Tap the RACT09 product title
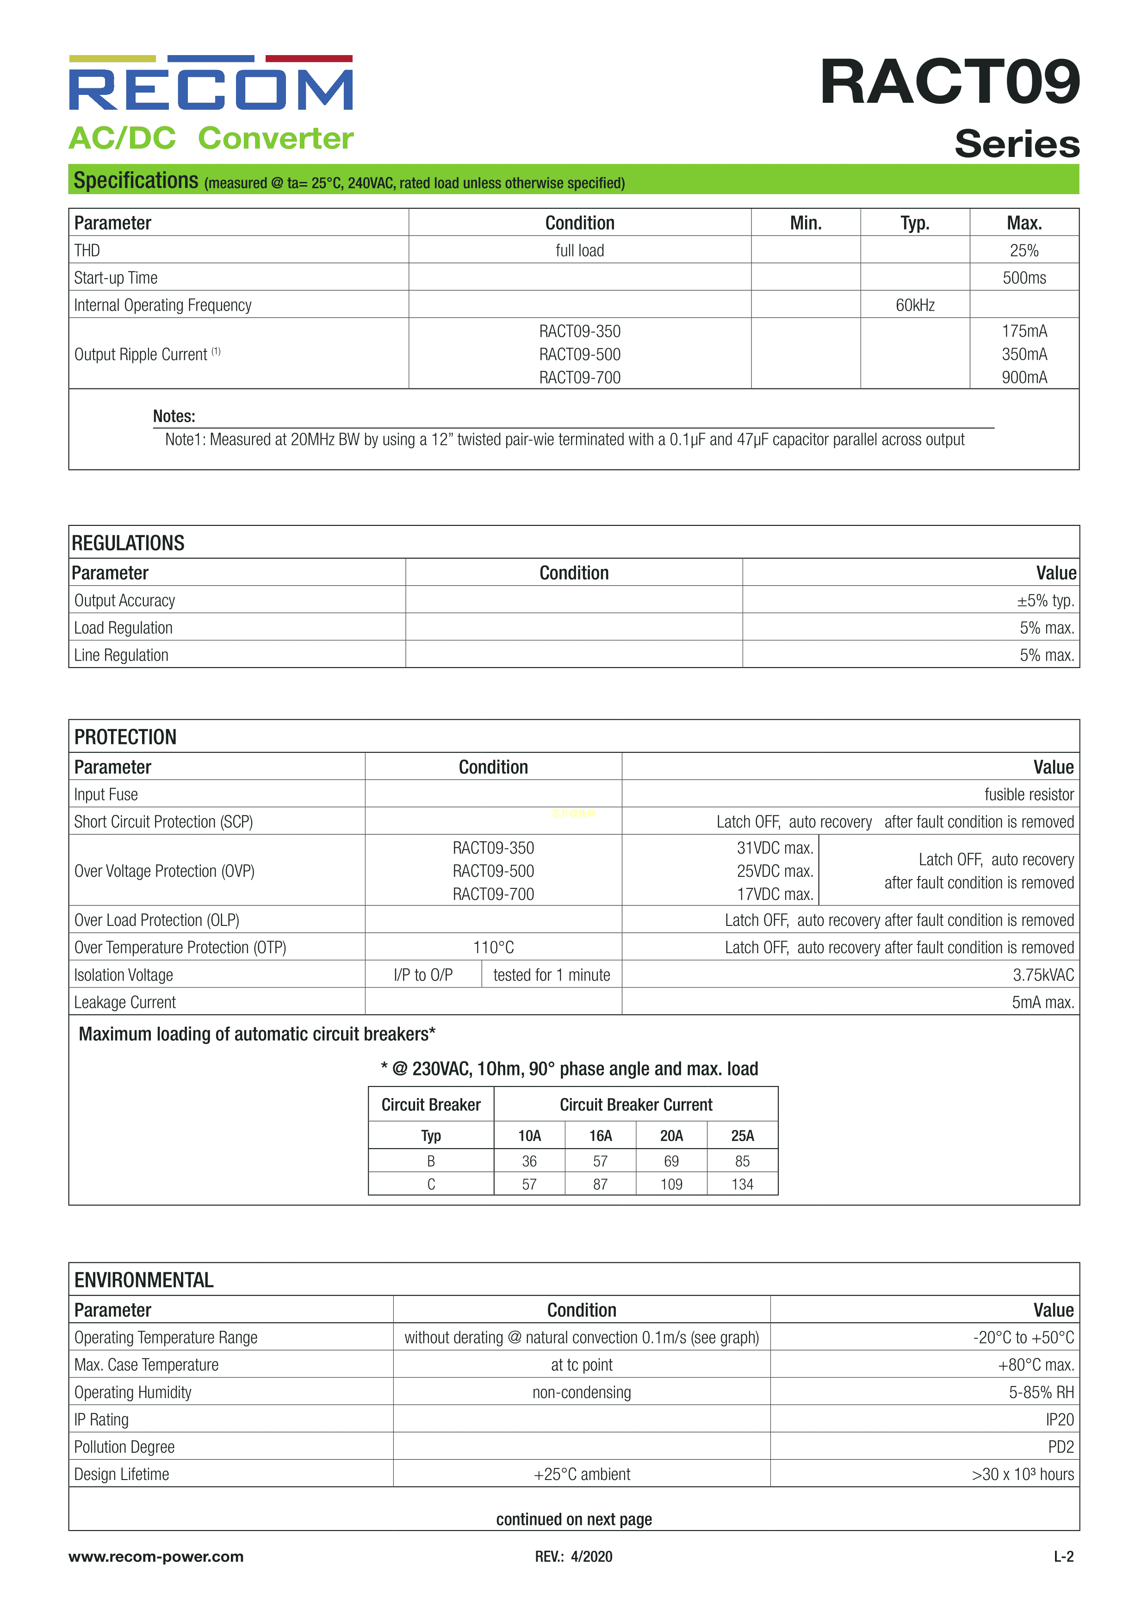click(949, 82)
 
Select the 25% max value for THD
click(1024, 250)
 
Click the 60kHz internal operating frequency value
click(915, 305)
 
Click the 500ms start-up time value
click(1024, 278)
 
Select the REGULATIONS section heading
click(128, 543)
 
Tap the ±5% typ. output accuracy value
click(1045, 600)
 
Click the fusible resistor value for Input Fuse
click(1029, 794)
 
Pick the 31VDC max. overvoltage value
click(775, 847)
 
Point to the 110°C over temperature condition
click(493, 947)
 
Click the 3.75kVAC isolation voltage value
click(1043, 974)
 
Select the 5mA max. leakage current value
click(1042, 1002)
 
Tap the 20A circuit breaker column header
click(671, 1135)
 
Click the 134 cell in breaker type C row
click(742, 1184)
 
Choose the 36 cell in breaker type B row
click(529, 1161)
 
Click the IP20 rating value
click(1059, 1419)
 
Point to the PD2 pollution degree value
click(1061, 1447)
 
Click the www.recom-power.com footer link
click(156, 1556)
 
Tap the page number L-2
click(1063, 1556)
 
